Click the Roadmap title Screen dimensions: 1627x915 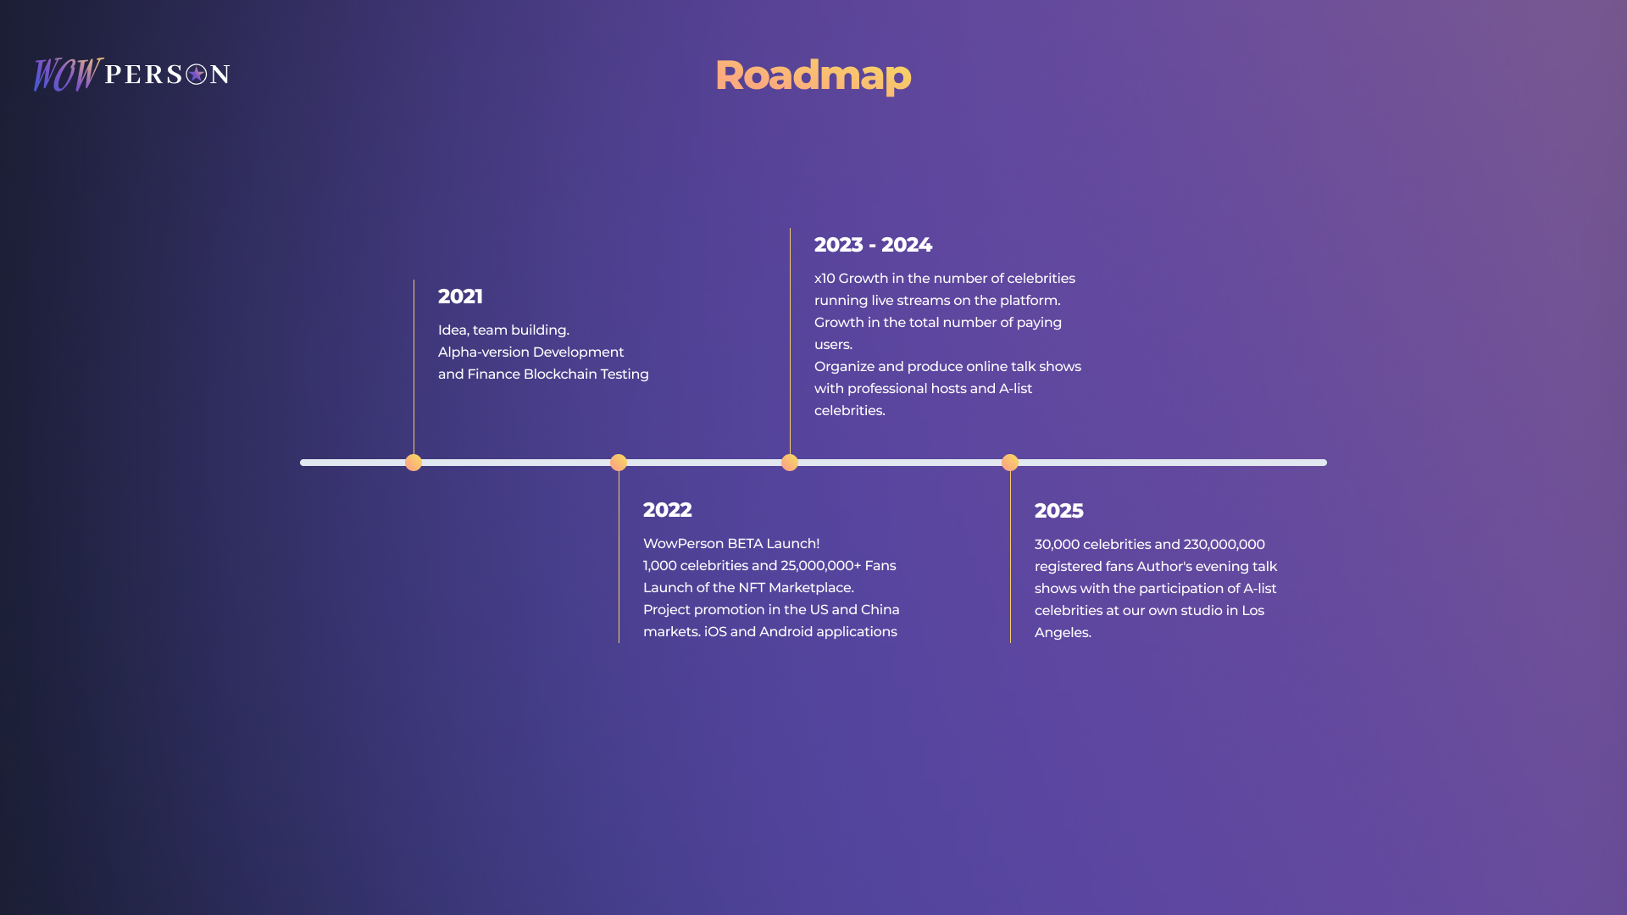813,75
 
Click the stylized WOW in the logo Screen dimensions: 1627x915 68,75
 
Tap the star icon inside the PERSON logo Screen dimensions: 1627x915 197,75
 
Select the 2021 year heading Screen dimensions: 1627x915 460,297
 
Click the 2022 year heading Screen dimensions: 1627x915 667,510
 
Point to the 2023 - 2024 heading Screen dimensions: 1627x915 873,245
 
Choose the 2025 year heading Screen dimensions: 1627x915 1058,511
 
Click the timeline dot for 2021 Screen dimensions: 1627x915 414,463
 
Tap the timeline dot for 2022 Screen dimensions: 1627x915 619,463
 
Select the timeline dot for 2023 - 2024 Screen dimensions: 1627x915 790,463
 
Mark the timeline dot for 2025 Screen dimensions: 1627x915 1010,463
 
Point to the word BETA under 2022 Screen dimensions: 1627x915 745,544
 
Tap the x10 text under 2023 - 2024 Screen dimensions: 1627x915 825,279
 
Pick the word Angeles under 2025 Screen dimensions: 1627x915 1063,633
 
